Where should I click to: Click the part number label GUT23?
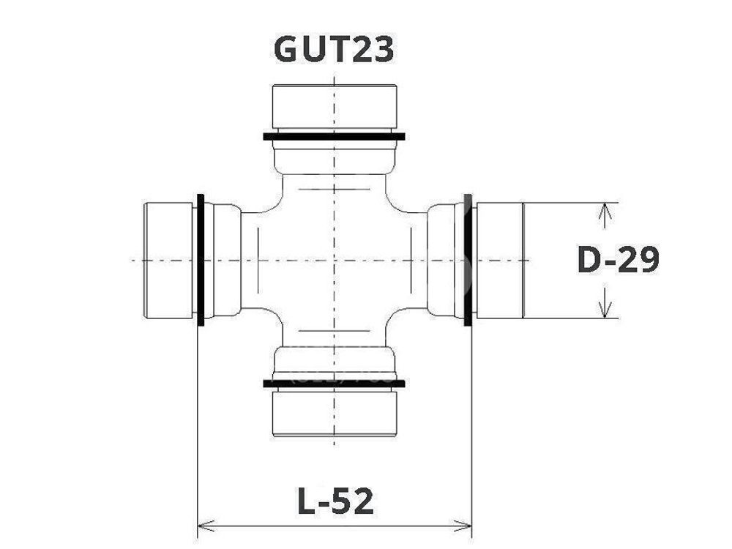pyautogui.click(x=334, y=49)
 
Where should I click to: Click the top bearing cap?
pyautogui.click(x=334, y=107)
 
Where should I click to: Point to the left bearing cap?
pyautogui.click(x=169, y=260)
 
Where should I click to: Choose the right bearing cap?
pyautogui.click(x=500, y=260)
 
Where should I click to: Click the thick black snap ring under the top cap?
pyautogui.click(x=334, y=136)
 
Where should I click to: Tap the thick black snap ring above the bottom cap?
pyautogui.click(x=334, y=382)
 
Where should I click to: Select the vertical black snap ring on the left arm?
pyautogui.click(x=201, y=260)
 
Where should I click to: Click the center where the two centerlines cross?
pyautogui.click(x=334, y=260)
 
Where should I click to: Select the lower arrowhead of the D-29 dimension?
pyautogui.click(x=604, y=311)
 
